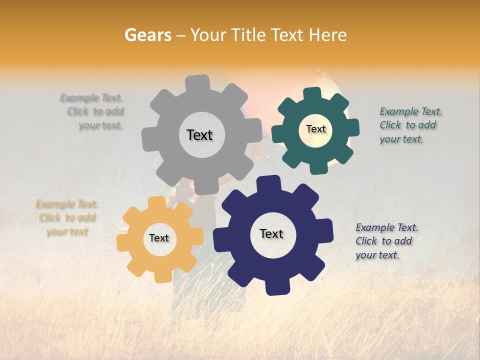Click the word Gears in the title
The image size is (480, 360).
click(x=147, y=35)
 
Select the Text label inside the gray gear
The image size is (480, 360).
click(x=199, y=135)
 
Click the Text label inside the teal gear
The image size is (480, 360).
click(x=315, y=129)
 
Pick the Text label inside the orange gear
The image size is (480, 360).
click(x=159, y=238)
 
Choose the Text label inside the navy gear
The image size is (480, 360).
click(x=271, y=233)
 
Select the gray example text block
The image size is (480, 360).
click(x=92, y=111)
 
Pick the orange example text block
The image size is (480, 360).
click(x=67, y=218)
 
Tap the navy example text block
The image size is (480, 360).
click(x=386, y=241)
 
